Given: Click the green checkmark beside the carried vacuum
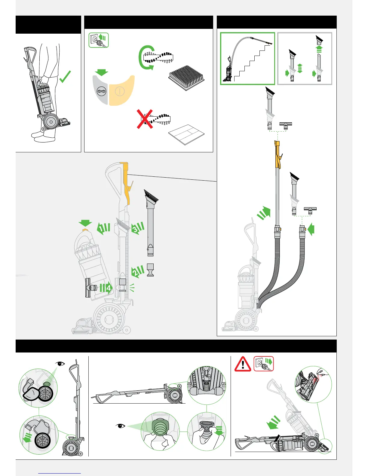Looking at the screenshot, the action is pyautogui.click(x=65, y=77).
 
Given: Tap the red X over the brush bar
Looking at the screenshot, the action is pyautogui.click(x=145, y=119).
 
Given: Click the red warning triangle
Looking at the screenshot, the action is pyautogui.click(x=243, y=364).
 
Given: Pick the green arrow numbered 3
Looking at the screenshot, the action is pyautogui.click(x=137, y=228).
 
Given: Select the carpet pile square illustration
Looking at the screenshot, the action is pyautogui.click(x=186, y=77).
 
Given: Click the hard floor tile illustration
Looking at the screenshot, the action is pyautogui.click(x=186, y=134).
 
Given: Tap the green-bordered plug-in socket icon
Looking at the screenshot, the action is pyautogui.click(x=99, y=40).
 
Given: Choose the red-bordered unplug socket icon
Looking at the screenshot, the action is pyautogui.click(x=263, y=364).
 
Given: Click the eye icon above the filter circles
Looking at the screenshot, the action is pyautogui.click(x=60, y=364).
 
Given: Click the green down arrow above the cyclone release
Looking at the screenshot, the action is pyautogui.click(x=85, y=223).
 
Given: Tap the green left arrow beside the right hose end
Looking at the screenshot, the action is pyautogui.click(x=311, y=230).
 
